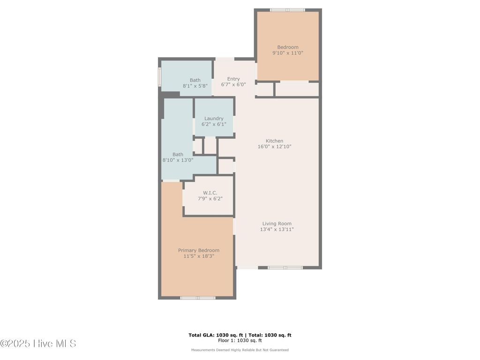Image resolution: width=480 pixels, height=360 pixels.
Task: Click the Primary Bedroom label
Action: (198, 250)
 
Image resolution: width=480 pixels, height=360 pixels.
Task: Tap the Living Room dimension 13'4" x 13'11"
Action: (277, 230)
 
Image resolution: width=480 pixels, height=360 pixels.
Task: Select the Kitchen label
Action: (274, 141)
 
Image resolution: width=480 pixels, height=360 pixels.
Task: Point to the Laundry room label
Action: (214, 119)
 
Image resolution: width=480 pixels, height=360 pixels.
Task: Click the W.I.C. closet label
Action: (210, 193)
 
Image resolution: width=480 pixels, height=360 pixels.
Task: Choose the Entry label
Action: (233, 79)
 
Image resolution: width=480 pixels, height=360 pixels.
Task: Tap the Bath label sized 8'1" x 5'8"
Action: (195, 80)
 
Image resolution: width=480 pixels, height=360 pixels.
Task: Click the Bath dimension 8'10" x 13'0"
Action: (178, 160)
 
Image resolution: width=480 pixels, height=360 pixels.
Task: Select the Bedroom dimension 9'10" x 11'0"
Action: (288, 53)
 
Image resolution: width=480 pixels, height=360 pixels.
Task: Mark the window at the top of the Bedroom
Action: (287, 10)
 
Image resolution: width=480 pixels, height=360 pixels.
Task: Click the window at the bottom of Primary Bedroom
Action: (198, 298)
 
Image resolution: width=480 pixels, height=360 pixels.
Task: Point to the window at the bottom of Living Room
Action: (285, 268)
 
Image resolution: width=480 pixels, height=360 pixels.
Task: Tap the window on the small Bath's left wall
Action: (160, 76)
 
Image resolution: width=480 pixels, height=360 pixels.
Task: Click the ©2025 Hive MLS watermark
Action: (38, 344)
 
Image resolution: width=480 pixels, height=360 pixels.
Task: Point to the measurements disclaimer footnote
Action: (240, 350)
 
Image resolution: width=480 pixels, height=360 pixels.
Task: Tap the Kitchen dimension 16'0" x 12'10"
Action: (274, 147)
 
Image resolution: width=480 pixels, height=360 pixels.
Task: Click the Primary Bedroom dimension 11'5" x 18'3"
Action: (198, 256)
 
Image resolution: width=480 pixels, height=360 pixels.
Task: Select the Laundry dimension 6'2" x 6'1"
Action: (214, 124)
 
